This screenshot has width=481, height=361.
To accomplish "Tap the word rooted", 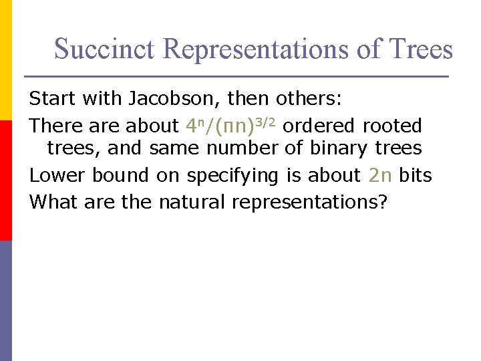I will (x=393, y=126).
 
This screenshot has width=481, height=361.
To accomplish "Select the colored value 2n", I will (x=379, y=175).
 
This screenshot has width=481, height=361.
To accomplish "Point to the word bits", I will (x=416, y=175).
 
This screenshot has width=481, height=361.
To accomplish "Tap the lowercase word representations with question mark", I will (x=309, y=202).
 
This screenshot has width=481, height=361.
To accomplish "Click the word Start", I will (x=52, y=100).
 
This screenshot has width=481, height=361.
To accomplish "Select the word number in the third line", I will (x=242, y=148).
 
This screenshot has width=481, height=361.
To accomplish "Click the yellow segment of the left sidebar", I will (x=6, y=60).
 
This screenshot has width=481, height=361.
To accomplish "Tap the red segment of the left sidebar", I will (x=6, y=180).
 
